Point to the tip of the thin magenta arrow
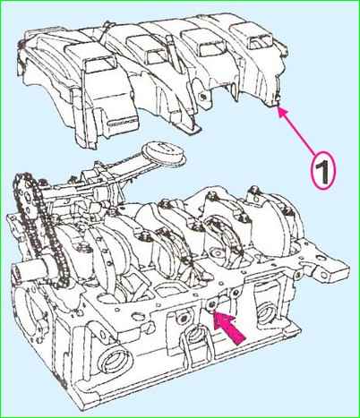pyautogui.click(x=278, y=107)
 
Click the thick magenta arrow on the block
pyautogui.click(x=229, y=328)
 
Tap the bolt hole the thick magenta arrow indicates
pyautogui.click(x=211, y=304)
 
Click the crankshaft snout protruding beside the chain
pyautogui.click(x=30, y=267)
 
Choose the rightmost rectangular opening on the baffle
pyautogui.click(x=261, y=42)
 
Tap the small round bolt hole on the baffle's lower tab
pyautogui.click(x=203, y=97)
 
